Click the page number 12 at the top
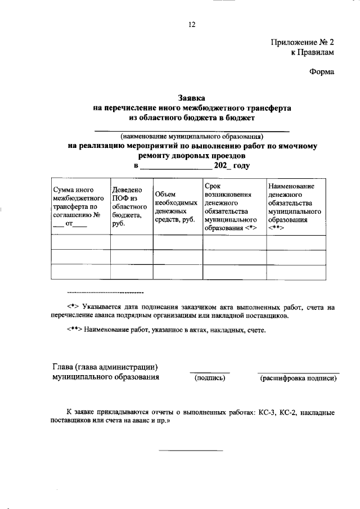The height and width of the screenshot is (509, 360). point(191,24)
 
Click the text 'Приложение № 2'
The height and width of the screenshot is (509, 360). point(303,43)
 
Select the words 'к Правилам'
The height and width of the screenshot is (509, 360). point(312,52)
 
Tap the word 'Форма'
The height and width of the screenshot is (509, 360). point(322,71)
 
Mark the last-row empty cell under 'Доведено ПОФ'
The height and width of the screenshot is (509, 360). point(131,271)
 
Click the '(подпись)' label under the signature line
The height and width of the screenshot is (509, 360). point(209,379)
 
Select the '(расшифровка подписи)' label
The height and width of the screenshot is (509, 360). point(298,379)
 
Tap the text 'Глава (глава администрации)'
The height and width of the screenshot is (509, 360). point(104,367)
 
